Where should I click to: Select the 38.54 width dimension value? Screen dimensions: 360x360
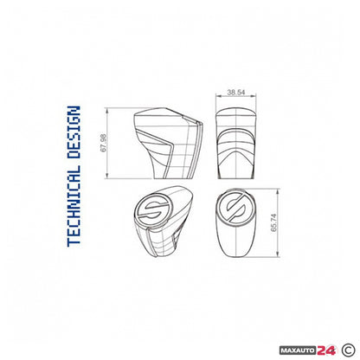click(236, 89)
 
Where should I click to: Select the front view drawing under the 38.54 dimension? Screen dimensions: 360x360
click(236, 138)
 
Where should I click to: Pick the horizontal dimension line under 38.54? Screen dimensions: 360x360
click(236, 96)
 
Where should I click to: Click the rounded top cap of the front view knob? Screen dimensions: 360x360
click(236, 112)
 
